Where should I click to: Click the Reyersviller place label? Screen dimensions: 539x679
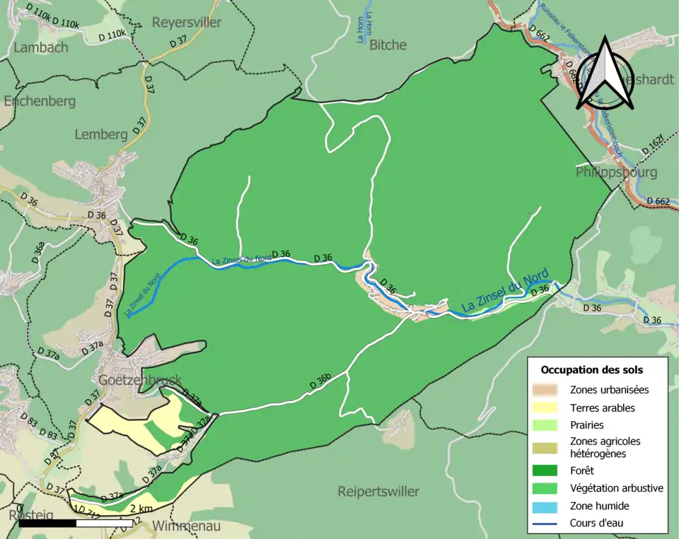tap(187, 23)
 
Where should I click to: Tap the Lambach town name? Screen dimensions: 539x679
tap(42, 47)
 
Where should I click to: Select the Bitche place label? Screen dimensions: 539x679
tap(388, 45)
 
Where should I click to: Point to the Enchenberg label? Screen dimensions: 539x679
tap(40, 101)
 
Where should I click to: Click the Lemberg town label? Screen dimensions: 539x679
tap(101, 134)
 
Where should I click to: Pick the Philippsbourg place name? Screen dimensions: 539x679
tap(616, 172)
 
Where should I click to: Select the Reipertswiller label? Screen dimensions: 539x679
tap(378, 491)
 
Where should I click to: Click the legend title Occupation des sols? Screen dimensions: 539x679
tap(592, 369)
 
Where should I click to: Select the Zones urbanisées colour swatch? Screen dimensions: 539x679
tap(550, 389)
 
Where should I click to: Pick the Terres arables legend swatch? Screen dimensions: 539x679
tap(550, 408)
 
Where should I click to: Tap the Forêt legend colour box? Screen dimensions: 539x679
tap(550, 470)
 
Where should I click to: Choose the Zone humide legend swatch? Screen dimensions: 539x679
tap(550, 506)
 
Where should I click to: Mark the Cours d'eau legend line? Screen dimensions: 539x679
tap(550, 523)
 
